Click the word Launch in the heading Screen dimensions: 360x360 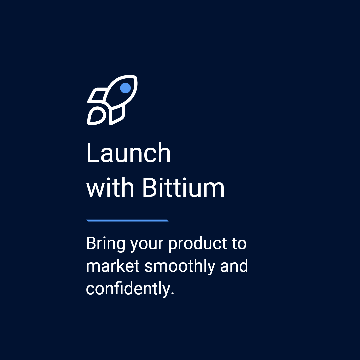tap(128, 153)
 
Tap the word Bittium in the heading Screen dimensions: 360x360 tap(183, 188)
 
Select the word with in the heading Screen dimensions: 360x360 tap(110, 188)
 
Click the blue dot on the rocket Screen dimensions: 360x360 tap(125, 88)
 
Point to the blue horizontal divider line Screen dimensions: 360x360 tap(127, 220)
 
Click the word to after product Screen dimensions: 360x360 tap(239, 244)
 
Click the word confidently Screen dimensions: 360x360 tap(128, 289)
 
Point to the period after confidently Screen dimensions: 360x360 tap(172, 294)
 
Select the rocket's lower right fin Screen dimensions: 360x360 tap(117, 115)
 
